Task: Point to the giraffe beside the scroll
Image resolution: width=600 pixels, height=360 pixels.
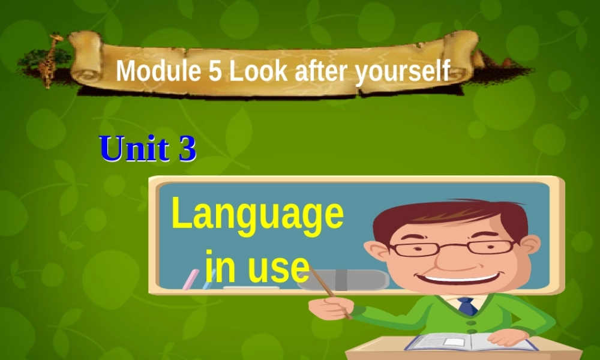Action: click(x=52, y=60)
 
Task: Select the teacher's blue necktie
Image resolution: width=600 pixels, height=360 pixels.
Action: click(x=467, y=307)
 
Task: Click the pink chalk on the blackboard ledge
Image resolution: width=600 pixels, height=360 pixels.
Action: click(x=191, y=278)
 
